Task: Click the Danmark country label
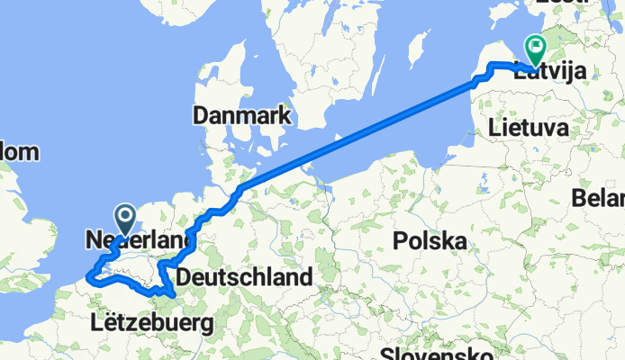point(240,116)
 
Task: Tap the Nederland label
point(139,240)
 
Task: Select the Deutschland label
point(244,276)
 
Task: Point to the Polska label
point(429,241)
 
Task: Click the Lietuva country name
point(529,130)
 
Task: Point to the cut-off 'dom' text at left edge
point(20,152)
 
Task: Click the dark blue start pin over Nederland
point(124,217)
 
